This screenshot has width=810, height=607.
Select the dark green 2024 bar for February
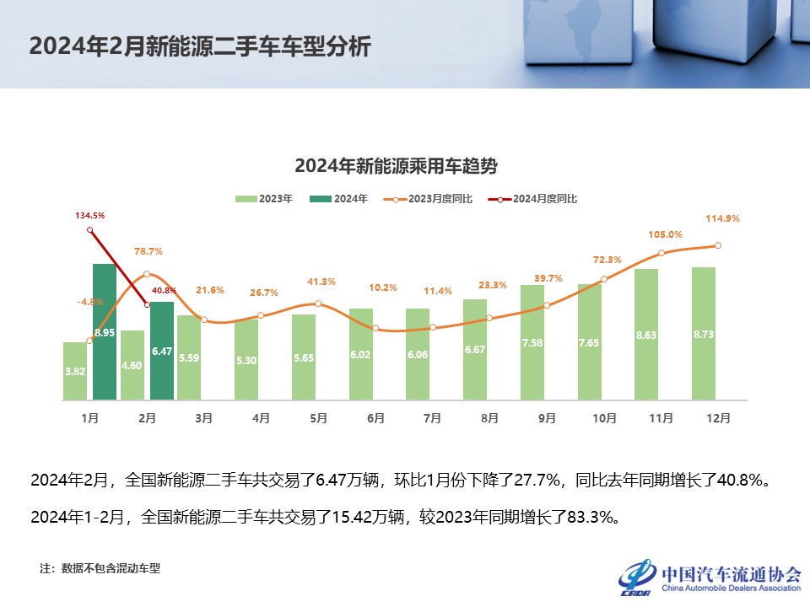pyautogui.click(x=162, y=351)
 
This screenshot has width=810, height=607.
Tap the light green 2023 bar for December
pyautogui.click(x=704, y=333)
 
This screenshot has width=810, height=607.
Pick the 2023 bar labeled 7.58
pyautogui.click(x=532, y=342)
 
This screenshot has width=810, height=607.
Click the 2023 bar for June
pyautogui.click(x=360, y=354)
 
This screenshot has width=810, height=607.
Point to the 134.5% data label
pyautogui.click(x=90, y=216)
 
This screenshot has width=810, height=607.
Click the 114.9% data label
pyautogui.click(x=722, y=218)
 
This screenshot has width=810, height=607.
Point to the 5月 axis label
pyautogui.click(x=318, y=417)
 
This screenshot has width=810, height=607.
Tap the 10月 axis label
pyautogui.click(x=604, y=417)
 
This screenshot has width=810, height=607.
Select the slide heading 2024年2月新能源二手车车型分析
pyautogui.click(x=200, y=46)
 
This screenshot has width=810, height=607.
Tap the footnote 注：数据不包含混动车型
pyautogui.click(x=100, y=568)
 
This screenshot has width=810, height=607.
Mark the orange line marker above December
pyautogui.click(x=718, y=245)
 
